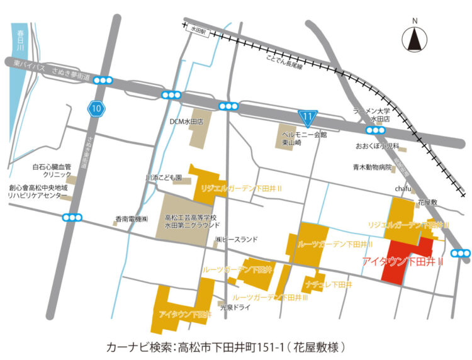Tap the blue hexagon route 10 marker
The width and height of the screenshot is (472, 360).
click(x=95, y=109)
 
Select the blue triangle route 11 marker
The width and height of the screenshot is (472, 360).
click(x=306, y=116)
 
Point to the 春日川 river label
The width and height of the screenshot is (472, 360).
click(x=21, y=39)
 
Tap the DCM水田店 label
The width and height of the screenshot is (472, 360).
click(x=191, y=121)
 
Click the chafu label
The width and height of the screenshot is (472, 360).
click(x=403, y=188)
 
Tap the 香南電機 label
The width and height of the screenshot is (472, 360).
click(x=131, y=220)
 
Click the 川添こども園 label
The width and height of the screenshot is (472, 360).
click(x=164, y=178)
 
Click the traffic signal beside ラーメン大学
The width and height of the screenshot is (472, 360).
click(x=376, y=130)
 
